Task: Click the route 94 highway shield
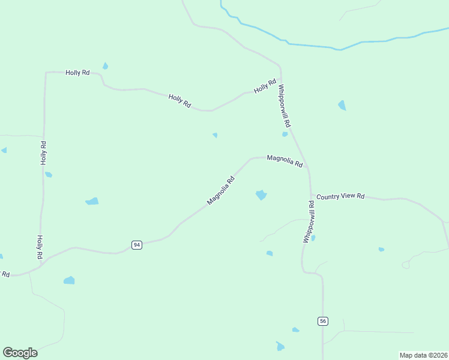(x=137, y=245)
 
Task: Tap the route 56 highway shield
(x=323, y=321)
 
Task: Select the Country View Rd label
(x=340, y=196)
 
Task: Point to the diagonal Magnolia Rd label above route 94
(x=220, y=190)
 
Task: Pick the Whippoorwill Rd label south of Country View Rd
(x=309, y=221)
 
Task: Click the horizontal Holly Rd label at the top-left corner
(x=77, y=73)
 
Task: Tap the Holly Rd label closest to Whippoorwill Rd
(x=265, y=86)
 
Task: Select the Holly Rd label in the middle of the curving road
(x=179, y=101)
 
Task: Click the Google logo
(x=20, y=353)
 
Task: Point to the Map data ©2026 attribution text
(x=423, y=355)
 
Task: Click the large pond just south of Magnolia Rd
(x=261, y=195)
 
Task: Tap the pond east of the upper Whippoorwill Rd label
(x=342, y=106)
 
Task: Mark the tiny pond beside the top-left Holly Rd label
(x=106, y=65)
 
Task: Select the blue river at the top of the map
(x=336, y=47)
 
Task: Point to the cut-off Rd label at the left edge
(x=5, y=274)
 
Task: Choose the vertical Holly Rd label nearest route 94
(x=40, y=247)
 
